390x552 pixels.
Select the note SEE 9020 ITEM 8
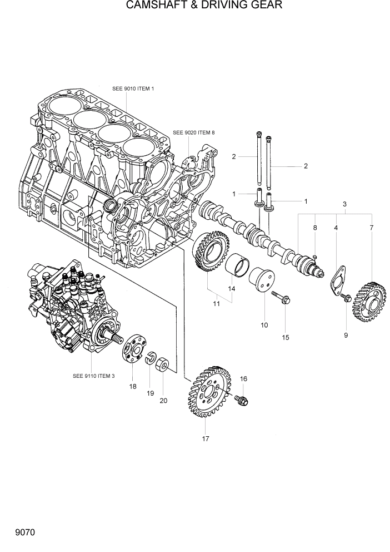(193, 132)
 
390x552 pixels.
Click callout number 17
(205, 439)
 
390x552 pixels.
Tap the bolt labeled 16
(241, 399)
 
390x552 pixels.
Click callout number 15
(286, 337)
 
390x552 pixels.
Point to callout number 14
(231, 289)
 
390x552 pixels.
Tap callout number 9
(345, 335)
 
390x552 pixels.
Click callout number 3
(344, 205)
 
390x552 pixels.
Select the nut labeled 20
(163, 367)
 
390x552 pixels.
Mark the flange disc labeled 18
(132, 351)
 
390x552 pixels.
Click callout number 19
(150, 393)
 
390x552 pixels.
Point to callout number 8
(315, 228)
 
